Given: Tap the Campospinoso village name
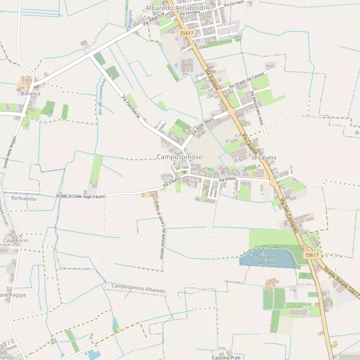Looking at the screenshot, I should pos(180,157).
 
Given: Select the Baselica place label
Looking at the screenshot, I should pos(31,94).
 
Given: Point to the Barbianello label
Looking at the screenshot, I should pos(23,198).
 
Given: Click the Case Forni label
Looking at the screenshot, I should pos(16,240).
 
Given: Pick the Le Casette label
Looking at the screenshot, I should pos(264,158).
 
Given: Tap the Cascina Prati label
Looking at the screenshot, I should pos(226,358).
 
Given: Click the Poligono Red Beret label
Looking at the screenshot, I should pos(268,260).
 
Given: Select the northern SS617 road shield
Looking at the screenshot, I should pos(186,33).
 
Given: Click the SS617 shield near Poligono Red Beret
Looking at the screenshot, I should pos(312,255).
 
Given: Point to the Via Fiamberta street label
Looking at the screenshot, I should pos(131,106).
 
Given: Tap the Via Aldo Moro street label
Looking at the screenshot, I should pos(202,126).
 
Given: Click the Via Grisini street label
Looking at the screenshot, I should pos(227,180).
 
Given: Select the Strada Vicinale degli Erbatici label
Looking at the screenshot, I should pos(81,196).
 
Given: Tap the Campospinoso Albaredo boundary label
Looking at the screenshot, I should pos(138,288).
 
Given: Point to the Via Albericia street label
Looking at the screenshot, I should pos(153,19).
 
